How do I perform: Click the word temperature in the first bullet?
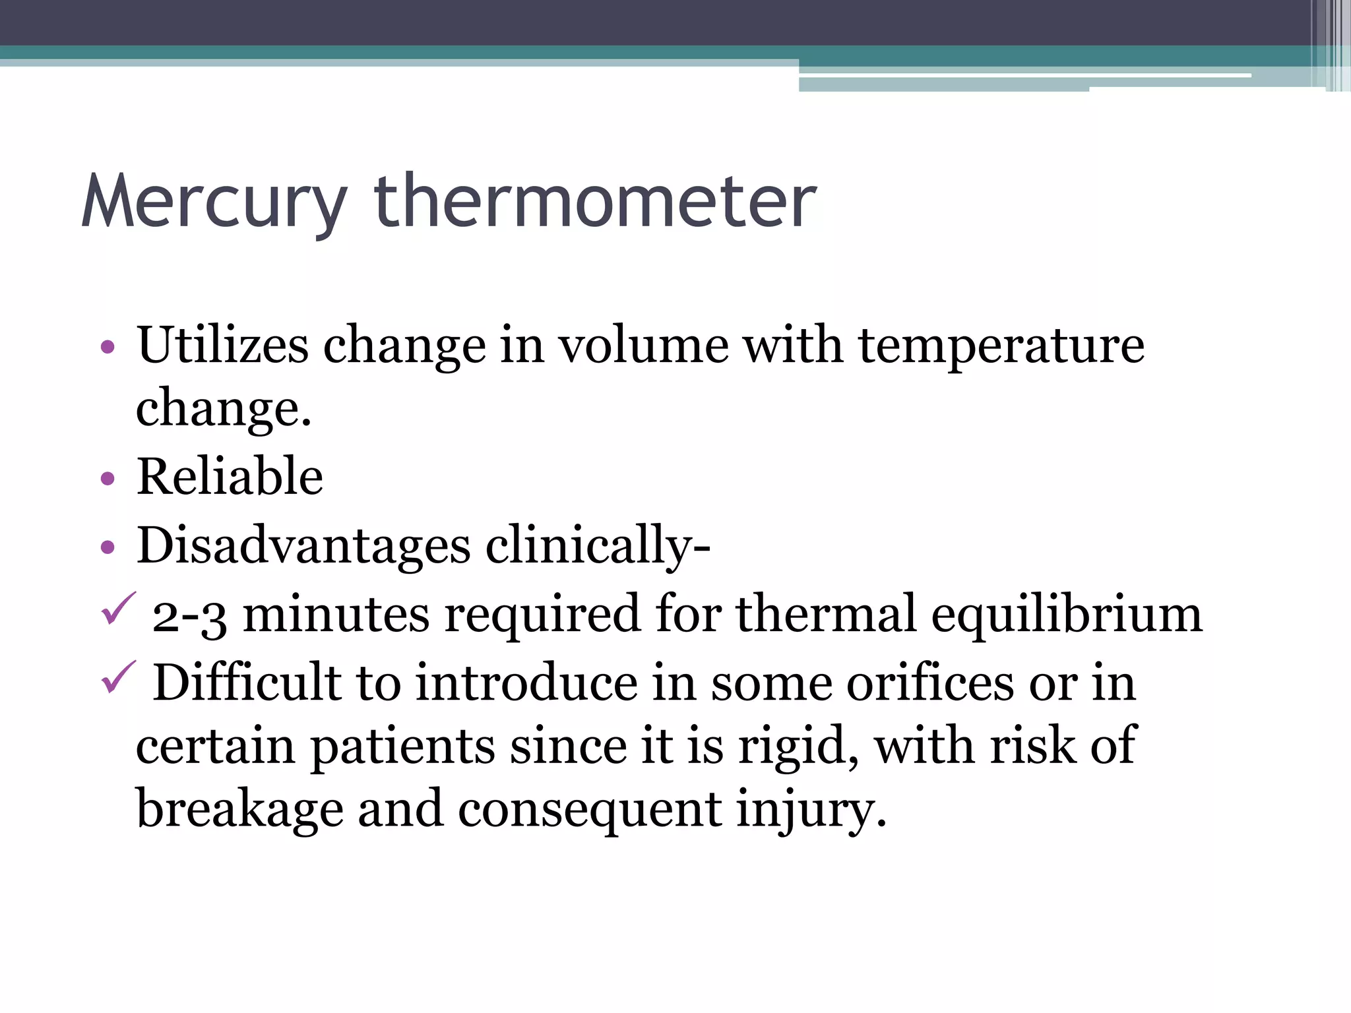point(1001,346)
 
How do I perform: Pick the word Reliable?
point(230,476)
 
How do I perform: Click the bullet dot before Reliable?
point(108,479)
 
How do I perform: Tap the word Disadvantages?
point(303,545)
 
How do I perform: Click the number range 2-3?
point(190,615)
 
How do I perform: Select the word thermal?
point(826,613)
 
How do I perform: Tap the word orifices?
point(930,683)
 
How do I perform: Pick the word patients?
point(402,747)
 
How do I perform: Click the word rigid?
point(795,747)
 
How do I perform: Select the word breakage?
point(239,810)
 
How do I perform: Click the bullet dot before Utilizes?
point(108,347)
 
